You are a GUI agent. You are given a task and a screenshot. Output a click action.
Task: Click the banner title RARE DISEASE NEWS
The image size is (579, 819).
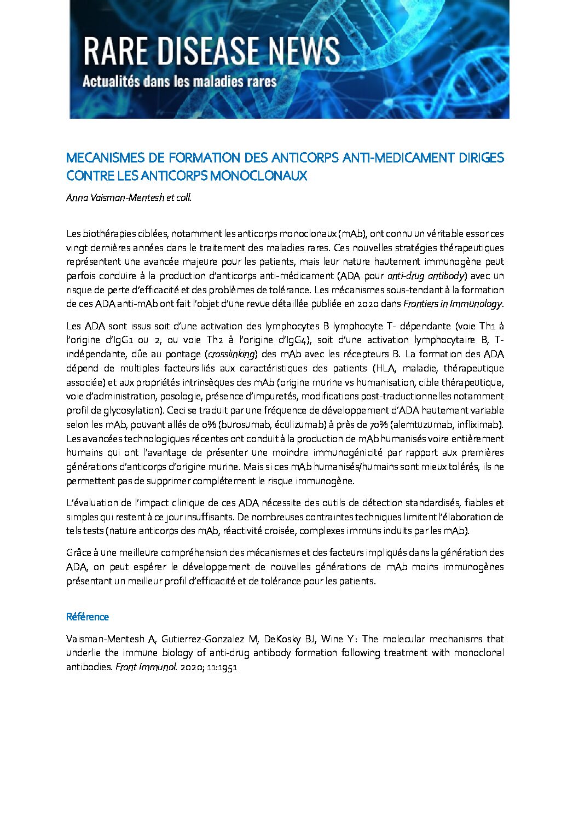click(x=211, y=52)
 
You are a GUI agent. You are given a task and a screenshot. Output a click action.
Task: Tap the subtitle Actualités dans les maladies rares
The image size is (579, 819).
click(x=180, y=82)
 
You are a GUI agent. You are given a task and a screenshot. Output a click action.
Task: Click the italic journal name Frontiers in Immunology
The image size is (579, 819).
click(x=453, y=304)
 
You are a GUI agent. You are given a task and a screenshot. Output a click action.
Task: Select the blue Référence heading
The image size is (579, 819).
click(x=88, y=617)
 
